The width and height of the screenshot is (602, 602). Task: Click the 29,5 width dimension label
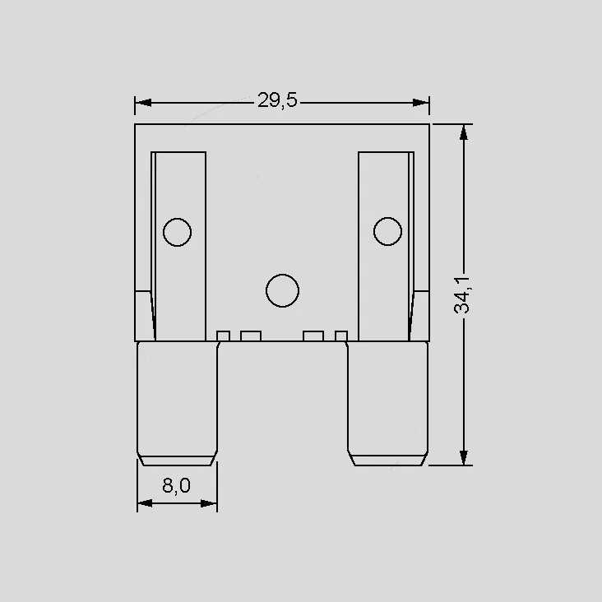tap(277, 100)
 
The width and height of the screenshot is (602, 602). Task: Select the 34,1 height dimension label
tap(462, 295)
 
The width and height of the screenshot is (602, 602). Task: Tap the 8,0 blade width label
tap(176, 486)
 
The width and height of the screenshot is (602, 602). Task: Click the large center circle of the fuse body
tap(282, 290)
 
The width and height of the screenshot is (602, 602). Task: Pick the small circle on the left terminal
tap(177, 232)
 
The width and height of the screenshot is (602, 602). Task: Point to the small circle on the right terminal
tap(388, 232)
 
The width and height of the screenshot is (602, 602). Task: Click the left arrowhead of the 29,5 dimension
tap(144, 103)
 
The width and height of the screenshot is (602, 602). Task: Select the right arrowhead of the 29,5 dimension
tap(420, 103)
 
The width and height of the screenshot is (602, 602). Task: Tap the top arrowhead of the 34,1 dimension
tap(464, 132)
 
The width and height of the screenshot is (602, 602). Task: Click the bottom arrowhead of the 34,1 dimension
tap(464, 457)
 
